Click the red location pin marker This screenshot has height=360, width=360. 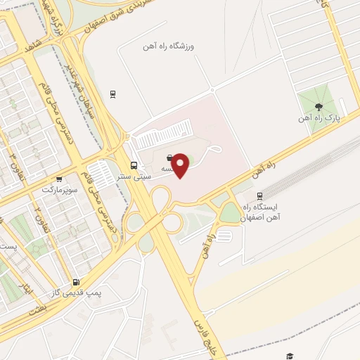point(181,165)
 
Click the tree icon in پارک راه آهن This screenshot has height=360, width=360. point(320,107)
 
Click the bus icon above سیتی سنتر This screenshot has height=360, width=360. point(134,166)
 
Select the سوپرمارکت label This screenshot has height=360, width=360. point(58,190)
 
